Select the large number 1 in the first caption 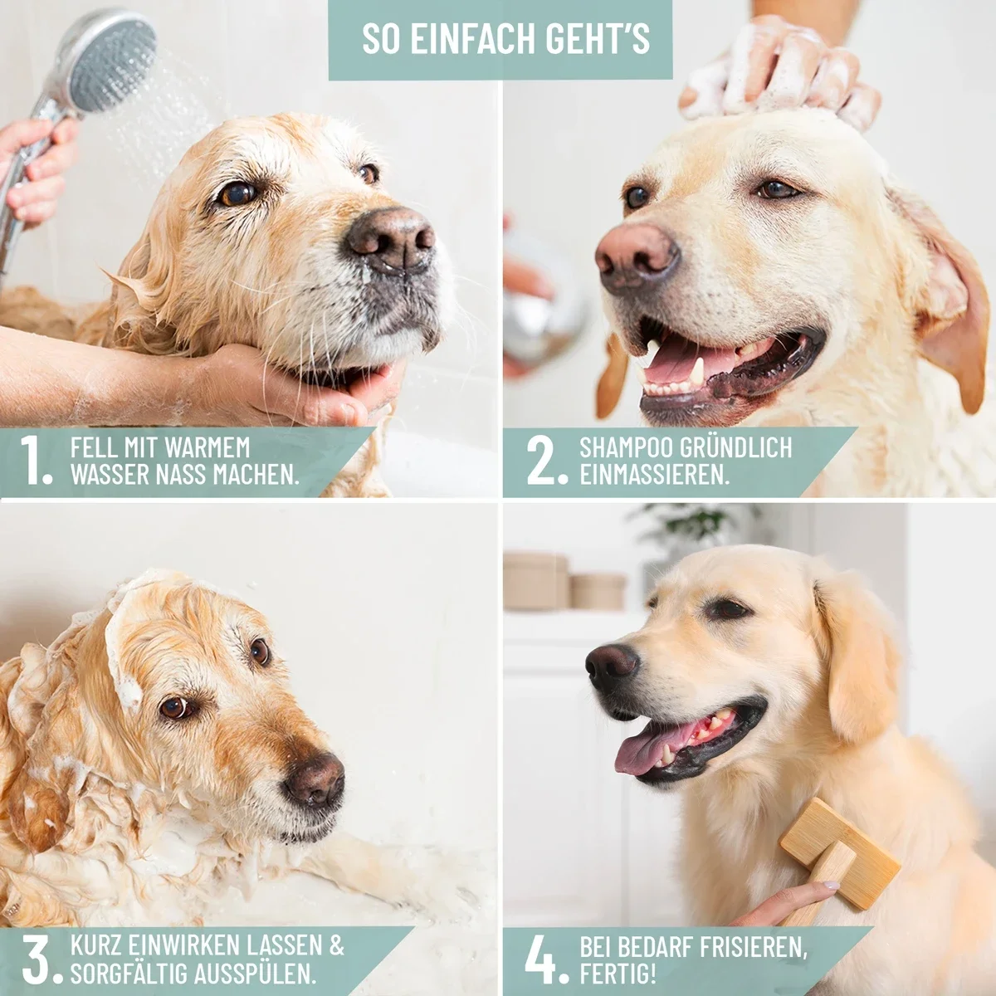coord(35,460)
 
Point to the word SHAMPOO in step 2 coord(626,447)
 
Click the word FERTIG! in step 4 coord(618,959)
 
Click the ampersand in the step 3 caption coord(336,931)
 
